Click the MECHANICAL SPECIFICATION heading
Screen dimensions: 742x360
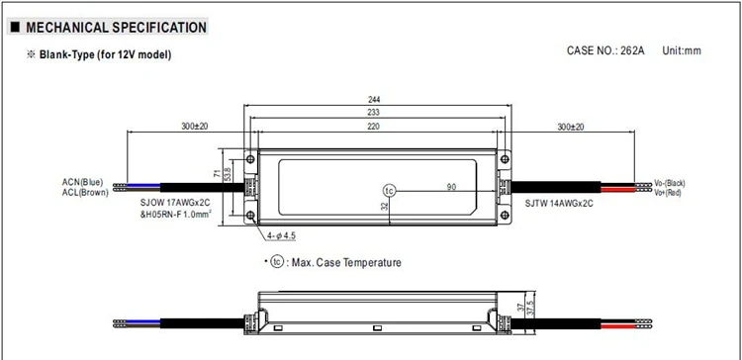116,28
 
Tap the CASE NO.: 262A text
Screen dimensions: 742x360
605,50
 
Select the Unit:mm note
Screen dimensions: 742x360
682,50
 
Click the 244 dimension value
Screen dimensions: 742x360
374,99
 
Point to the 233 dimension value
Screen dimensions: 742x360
374,112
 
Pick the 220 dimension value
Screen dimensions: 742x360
374,126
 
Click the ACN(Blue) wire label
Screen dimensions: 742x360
82,182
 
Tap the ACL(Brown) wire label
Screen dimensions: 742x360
85,192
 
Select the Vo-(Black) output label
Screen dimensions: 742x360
669,183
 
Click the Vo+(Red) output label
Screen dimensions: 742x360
667,192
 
